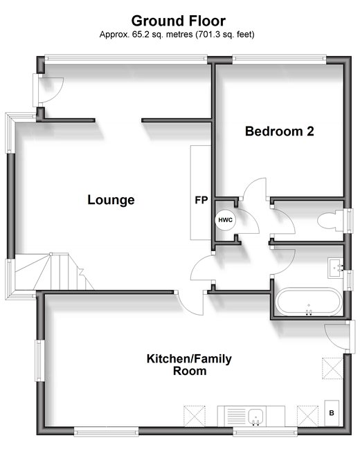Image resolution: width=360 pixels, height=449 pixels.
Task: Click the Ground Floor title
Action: pos(179,21)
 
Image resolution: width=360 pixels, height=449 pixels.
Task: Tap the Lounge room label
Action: pos(111,199)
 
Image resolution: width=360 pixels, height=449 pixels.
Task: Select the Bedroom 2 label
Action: pos(280,131)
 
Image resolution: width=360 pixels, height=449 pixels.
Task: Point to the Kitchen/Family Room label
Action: pos(189,365)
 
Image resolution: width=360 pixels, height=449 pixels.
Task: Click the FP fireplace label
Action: pos(201,200)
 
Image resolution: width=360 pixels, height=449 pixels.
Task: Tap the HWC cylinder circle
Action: pos(225,220)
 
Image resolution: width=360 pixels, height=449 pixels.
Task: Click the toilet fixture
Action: pos(330,220)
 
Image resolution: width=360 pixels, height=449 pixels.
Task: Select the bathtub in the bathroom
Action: pos(308,302)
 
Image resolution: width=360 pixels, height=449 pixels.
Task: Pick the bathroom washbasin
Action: pos(335,268)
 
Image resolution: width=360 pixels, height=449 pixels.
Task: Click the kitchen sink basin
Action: pos(255,416)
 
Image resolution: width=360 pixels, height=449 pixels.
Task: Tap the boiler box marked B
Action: pos(332,413)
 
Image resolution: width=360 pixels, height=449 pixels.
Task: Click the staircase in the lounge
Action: pos(55,271)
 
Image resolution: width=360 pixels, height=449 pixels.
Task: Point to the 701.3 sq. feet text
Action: pos(225,35)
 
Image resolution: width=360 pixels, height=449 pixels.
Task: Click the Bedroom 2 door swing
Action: pos(255,187)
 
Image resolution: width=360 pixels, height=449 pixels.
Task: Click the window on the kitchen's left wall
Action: pos(39,360)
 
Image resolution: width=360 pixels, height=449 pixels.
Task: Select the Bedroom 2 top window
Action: pos(279,59)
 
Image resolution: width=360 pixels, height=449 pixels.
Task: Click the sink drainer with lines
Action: pos(236,416)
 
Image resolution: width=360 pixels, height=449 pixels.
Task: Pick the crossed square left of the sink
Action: pos(195,416)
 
